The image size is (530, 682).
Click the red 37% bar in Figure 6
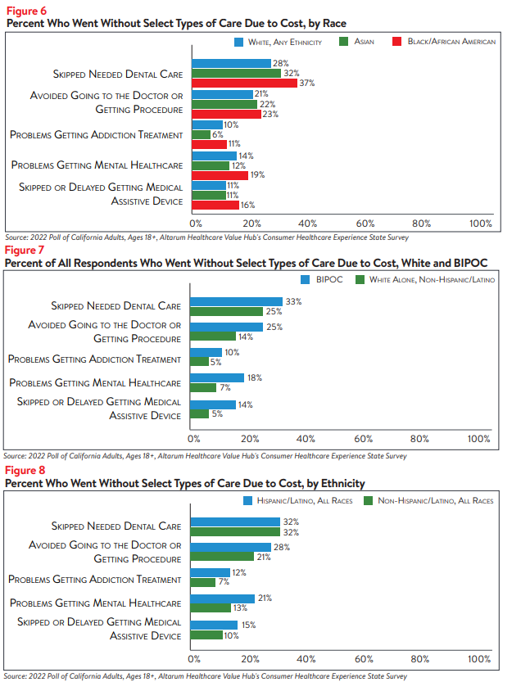(245, 83)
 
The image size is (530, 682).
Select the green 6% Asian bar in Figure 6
(201, 135)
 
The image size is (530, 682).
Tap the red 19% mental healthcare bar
(220, 175)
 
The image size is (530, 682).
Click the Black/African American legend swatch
(396, 42)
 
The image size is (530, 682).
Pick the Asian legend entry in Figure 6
(356, 42)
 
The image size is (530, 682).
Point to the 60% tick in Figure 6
(365, 224)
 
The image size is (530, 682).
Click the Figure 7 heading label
(25, 250)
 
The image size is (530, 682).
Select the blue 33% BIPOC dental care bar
(236, 301)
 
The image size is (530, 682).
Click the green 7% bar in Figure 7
(203, 387)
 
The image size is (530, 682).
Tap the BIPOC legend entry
(322, 280)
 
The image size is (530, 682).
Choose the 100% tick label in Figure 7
(478, 439)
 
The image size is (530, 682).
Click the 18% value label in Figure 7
(255, 378)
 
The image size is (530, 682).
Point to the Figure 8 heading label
(25, 471)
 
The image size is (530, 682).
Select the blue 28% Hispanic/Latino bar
(231, 547)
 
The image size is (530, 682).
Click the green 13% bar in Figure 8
(211, 607)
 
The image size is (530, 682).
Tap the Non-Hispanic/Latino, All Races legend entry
(428, 500)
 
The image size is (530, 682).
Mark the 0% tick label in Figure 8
(194, 659)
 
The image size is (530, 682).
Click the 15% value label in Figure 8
(248, 625)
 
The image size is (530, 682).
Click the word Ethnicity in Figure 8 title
(340, 484)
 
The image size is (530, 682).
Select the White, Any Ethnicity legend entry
(278, 43)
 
